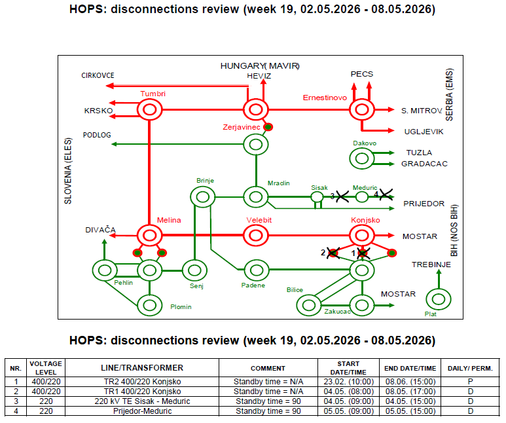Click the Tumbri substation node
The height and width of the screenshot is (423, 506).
click(x=149, y=100)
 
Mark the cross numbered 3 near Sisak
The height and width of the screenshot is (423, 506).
click(x=342, y=196)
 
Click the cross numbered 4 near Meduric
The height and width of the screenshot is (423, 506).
click(x=386, y=194)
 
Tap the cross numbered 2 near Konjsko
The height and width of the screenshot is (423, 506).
click(x=333, y=253)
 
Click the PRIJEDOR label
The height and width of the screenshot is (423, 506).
click(x=424, y=204)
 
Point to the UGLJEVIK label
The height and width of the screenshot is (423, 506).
click(x=424, y=132)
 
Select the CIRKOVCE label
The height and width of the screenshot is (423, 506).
click(x=98, y=75)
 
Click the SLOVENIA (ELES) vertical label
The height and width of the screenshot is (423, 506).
click(x=68, y=171)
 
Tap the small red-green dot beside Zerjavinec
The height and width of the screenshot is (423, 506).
click(x=268, y=127)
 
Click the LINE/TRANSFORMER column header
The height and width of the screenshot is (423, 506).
click(x=142, y=368)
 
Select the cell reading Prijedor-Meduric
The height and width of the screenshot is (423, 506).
click(x=142, y=411)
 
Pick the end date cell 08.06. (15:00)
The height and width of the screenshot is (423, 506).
click(x=410, y=382)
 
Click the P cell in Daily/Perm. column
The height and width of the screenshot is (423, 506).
click(x=470, y=382)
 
